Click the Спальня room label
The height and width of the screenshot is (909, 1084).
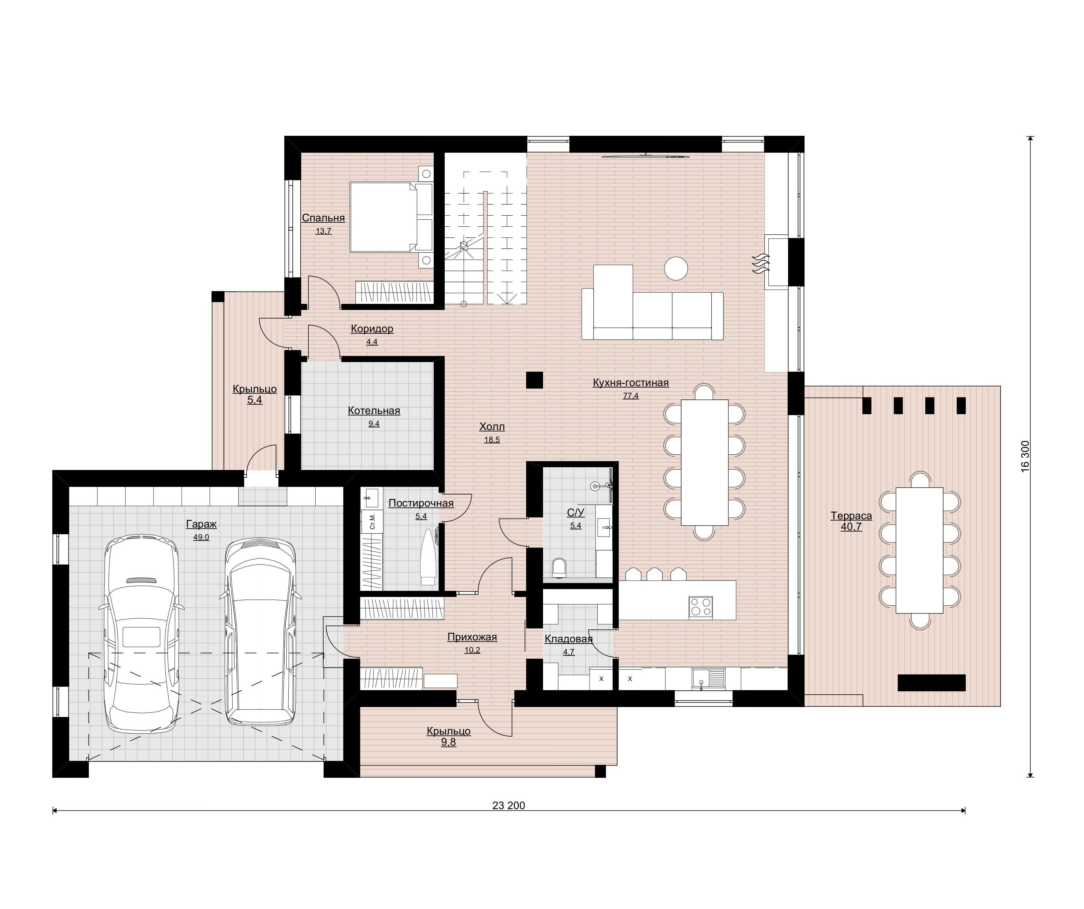[x=323, y=218]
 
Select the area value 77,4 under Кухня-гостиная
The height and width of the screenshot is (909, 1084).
[x=631, y=396]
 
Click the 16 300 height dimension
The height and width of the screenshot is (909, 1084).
[x=1025, y=455]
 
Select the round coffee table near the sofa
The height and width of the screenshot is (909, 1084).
[x=676, y=268]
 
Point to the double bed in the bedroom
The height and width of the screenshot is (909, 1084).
[x=391, y=217]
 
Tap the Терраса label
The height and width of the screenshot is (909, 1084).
[x=851, y=516]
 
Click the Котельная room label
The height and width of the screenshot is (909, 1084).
[x=374, y=411]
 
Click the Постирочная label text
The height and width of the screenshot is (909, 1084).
[x=421, y=503]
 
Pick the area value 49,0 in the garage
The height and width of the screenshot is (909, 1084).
[x=201, y=537]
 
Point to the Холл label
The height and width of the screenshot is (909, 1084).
[x=492, y=427]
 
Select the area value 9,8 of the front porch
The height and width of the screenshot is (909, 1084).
[x=448, y=743]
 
